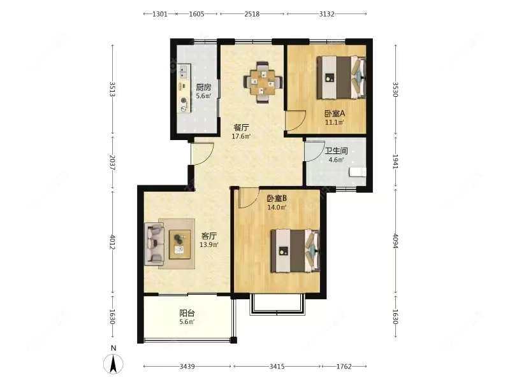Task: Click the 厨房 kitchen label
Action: [x=203, y=87]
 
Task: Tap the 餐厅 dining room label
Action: [x=242, y=127]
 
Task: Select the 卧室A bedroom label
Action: [x=335, y=114]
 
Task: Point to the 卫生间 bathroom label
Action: [x=337, y=151]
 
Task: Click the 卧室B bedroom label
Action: [x=277, y=198]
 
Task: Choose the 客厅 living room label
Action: [x=209, y=236]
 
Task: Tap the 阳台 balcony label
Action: [x=187, y=313]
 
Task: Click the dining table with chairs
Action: [x=263, y=83]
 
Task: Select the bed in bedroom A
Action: [x=342, y=78]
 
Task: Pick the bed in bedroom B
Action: [x=295, y=251]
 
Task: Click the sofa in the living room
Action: [x=154, y=243]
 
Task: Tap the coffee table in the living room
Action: [x=180, y=244]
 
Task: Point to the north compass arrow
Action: [x=113, y=364]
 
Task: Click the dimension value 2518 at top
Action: [x=252, y=14]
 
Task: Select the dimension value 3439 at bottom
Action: [x=187, y=367]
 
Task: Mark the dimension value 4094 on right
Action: [x=395, y=241]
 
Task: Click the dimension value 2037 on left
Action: [x=113, y=163]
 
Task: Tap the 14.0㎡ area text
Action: [x=277, y=208]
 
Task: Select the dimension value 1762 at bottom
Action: [x=344, y=367]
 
